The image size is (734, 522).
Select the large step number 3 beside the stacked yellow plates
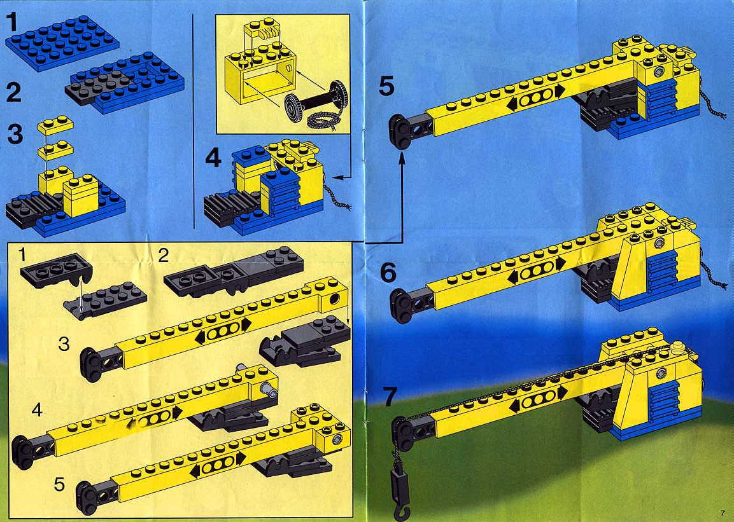[15, 133]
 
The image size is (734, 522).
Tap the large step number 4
[213, 158]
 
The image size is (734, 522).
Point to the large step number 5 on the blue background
[386, 86]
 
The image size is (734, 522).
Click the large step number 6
[388, 273]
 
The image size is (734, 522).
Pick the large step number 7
[390, 397]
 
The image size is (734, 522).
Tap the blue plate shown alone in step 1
[62, 43]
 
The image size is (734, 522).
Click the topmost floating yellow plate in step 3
[56, 125]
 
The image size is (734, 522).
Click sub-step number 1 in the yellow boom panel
[22, 255]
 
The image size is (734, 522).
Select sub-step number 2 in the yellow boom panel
[164, 256]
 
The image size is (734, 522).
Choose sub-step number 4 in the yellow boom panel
[37, 410]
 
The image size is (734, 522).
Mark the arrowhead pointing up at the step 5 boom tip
[401, 160]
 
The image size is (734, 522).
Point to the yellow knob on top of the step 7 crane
[678, 348]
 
